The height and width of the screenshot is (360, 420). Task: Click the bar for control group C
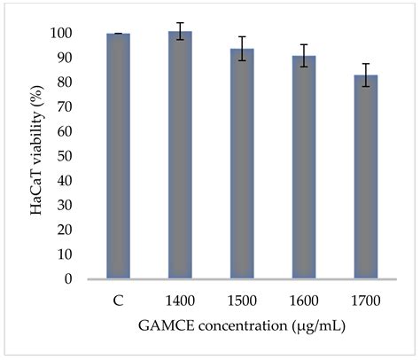(118, 156)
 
